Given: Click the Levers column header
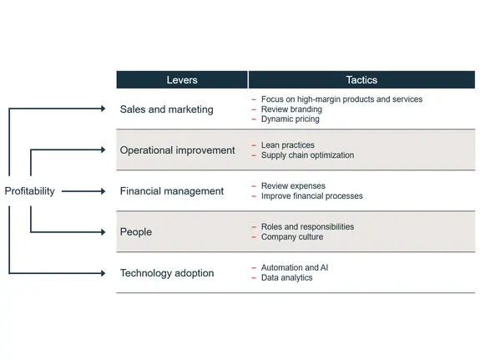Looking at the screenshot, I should pyautogui.click(x=181, y=80).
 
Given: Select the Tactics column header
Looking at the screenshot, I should pyautogui.click(x=361, y=80).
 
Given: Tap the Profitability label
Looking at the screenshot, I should pyautogui.click(x=30, y=191).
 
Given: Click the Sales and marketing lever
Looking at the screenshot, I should pyautogui.click(x=166, y=109).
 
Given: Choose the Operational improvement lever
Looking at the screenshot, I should pyautogui.click(x=177, y=150).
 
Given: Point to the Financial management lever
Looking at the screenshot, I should pyautogui.click(x=172, y=191).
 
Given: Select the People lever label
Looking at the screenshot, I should pyautogui.click(x=136, y=232).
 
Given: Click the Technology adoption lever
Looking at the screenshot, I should pyautogui.click(x=167, y=273).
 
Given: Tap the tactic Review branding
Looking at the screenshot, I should pyautogui.click(x=291, y=109).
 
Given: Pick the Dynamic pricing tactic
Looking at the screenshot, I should pyautogui.click(x=290, y=119).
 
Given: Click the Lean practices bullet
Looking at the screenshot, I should pyautogui.click(x=287, y=145).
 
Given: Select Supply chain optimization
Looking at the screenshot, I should pyautogui.click(x=307, y=155).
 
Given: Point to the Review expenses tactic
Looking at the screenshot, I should pyautogui.click(x=293, y=186).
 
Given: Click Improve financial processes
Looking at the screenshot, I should pyautogui.click(x=311, y=196).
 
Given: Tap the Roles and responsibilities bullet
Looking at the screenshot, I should pyautogui.click(x=307, y=227).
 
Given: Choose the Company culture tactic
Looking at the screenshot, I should pyautogui.click(x=291, y=237).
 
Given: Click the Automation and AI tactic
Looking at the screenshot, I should pyautogui.click(x=295, y=268).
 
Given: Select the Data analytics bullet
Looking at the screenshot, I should pyautogui.click(x=286, y=278).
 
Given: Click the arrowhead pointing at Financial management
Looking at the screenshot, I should pyautogui.click(x=103, y=191).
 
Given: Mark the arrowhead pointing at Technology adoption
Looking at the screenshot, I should pyautogui.click(x=103, y=273).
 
